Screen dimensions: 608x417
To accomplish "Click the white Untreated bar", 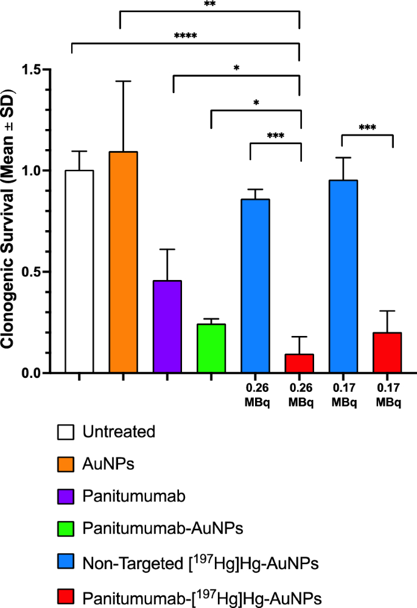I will tap(79, 271).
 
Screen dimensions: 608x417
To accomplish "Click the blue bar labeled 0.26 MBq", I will tap(255, 286).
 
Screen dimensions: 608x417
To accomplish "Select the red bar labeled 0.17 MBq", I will tap(387, 352).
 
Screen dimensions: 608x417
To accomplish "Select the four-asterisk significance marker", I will tap(186, 35).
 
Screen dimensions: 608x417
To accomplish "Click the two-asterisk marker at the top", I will tap(209, 4).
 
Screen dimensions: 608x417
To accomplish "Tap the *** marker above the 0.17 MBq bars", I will tap(367, 128).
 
